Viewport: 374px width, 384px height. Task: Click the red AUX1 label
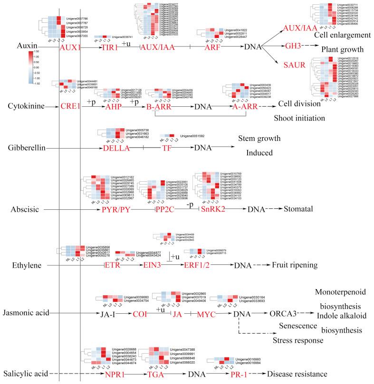pos(69,48)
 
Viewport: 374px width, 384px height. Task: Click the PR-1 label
pos(230,374)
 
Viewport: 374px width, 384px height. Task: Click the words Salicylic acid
pos(24,374)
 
